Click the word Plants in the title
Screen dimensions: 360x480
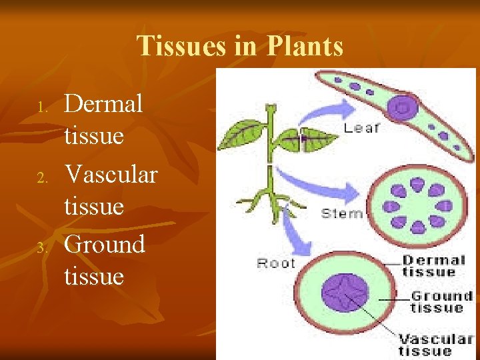pyautogui.click(x=305, y=47)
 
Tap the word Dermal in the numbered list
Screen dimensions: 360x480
pyautogui.click(x=103, y=103)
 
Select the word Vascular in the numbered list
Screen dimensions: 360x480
pyautogui.click(x=111, y=174)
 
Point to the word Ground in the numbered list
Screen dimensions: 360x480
pyautogui.click(x=105, y=244)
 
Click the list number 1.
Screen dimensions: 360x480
pyautogui.click(x=41, y=107)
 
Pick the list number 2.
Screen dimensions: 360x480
pyautogui.click(x=41, y=177)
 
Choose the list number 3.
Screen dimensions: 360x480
pyautogui.click(x=41, y=248)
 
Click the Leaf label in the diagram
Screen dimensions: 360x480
pyautogui.click(x=361, y=128)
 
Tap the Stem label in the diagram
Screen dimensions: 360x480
pyautogui.click(x=342, y=213)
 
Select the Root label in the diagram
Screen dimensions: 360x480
pyautogui.click(x=276, y=263)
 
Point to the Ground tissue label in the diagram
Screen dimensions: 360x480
pyautogui.click(x=441, y=301)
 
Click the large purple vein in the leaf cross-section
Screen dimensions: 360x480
pyautogui.click(x=403, y=107)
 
